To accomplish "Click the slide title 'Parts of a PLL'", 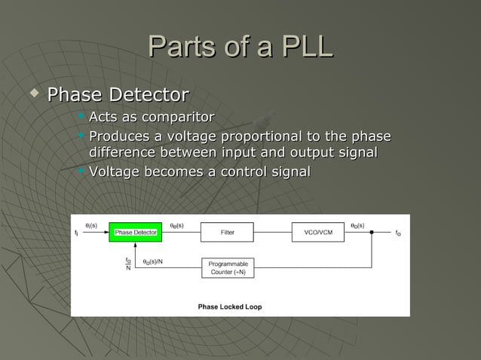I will pos(240,47).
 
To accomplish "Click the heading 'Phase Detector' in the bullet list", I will pos(118,96).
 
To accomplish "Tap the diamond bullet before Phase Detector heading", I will pos(32,94).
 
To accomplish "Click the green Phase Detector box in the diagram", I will pos(135,233).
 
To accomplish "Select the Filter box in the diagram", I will pos(227,233).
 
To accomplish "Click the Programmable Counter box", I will pos(227,267).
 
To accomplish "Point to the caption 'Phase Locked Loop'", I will pos(230,307).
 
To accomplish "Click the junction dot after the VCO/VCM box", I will pos(371,233).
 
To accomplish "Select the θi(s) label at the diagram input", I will pos(90,225).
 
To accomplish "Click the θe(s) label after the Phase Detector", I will pos(176,225).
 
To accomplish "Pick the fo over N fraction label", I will pos(128,264).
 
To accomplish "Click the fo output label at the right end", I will pos(398,233).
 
